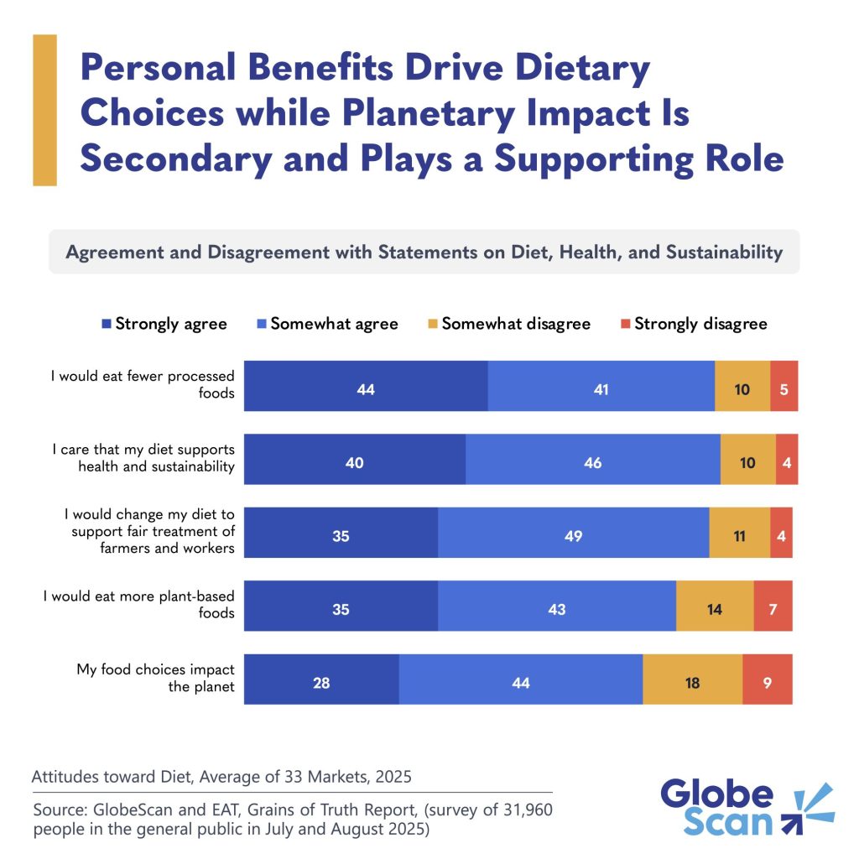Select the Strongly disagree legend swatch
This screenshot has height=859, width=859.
coord(624,323)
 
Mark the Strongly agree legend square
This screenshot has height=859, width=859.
coord(106,323)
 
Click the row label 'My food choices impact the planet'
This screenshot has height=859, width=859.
coord(155,679)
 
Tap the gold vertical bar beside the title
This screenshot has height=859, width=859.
coord(44,110)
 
